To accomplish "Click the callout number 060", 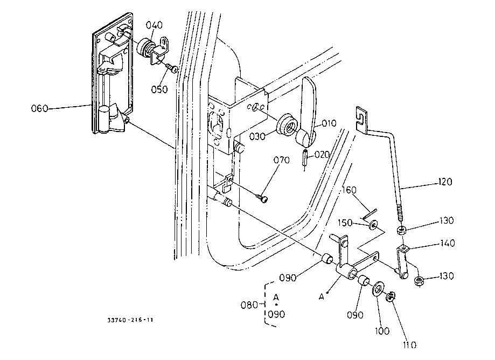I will click(39, 108).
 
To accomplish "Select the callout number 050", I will click(159, 89).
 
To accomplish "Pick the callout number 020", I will click(322, 154).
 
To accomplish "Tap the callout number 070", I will click(282, 160).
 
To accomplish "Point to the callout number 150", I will click(346, 223).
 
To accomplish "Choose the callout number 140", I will click(447, 244).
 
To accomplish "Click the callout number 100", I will click(383, 330).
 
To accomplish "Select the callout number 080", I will click(249, 305).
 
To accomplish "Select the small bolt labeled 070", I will click(263, 199).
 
